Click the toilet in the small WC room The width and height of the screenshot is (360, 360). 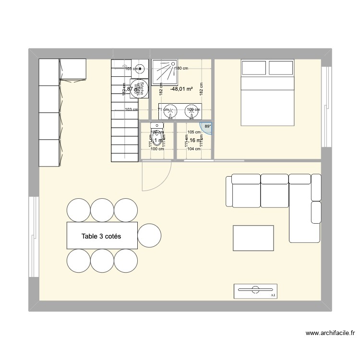(x=157, y=137)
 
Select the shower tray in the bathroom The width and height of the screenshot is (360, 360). (x=165, y=72)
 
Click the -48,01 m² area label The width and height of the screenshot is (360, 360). (x=181, y=89)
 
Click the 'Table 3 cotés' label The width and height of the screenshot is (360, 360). (x=101, y=236)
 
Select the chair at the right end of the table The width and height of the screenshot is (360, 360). (x=149, y=235)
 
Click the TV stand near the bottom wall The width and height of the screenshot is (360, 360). (x=256, y=291)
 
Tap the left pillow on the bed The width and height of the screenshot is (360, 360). (x=253, y=68)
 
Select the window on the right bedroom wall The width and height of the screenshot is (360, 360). (x=326, y=107)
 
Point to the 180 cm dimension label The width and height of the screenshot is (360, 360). (x=180, y=69)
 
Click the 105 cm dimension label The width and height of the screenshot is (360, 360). (x=194, y=132)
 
